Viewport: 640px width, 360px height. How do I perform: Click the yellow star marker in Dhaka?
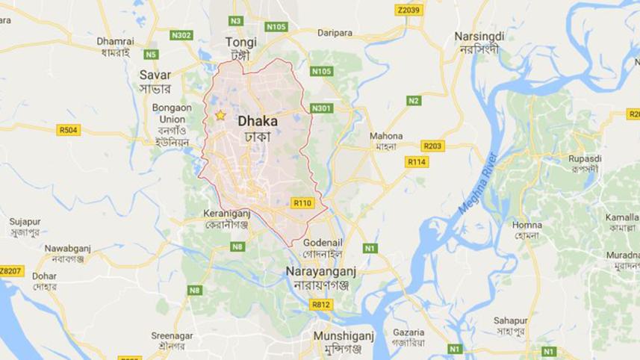(x=220, y=116)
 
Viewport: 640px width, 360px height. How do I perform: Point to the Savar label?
(x=155, y=75)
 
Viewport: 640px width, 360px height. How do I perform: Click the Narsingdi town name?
(x=479, y=36)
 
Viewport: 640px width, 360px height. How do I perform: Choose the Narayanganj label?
(x=322, y=273)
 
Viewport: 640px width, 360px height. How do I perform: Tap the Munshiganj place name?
(x=338, y=335)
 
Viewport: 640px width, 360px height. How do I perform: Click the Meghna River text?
(x=477, y=184)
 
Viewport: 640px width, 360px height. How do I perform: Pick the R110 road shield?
(x=302, y=203)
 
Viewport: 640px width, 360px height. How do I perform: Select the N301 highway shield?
(x=321, y=108)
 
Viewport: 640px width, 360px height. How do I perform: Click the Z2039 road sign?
(x=408, y=10)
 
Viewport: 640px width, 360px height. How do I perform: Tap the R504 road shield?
(x=68, y=130)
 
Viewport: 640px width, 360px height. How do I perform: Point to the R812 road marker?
(x=320, y=304)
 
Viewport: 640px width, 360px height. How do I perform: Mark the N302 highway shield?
(x=181, y=35)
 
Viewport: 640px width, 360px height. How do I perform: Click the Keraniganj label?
(x=226, y=213)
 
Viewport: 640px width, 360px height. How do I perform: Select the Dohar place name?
(x=44, y=276)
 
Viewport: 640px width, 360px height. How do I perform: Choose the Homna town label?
(x=527, y=224)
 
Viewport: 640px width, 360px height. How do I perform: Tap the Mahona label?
(x=386, y=136)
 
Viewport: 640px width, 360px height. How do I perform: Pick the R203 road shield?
(x=432, y=146)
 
